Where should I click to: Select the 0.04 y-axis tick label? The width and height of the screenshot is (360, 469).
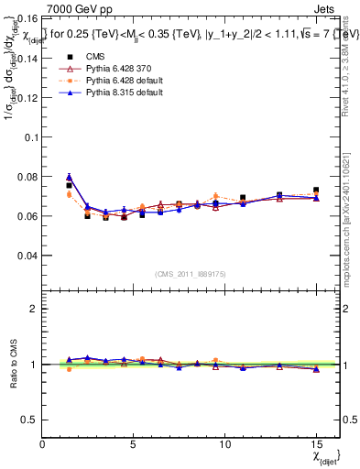coord(27,256)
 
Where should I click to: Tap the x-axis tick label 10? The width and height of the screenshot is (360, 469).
coord(224,444)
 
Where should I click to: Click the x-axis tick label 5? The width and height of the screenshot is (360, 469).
coord(134,444)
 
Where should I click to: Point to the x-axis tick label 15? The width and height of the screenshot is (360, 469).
coord(315,444)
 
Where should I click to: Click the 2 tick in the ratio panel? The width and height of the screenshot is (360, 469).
coord(35,309)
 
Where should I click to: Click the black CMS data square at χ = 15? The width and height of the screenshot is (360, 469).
coord(316,191)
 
